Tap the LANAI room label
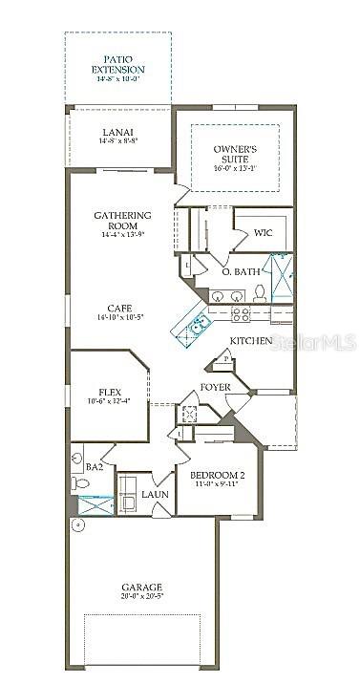[119, 135]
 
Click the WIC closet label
[263, 231]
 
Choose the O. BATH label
[241, 272]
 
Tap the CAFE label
[119, 307]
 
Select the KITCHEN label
[251, 341]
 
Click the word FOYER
[215, 387]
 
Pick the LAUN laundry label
[154, 494]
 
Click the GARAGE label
[140, 587]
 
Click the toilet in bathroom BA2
[79, 484]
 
